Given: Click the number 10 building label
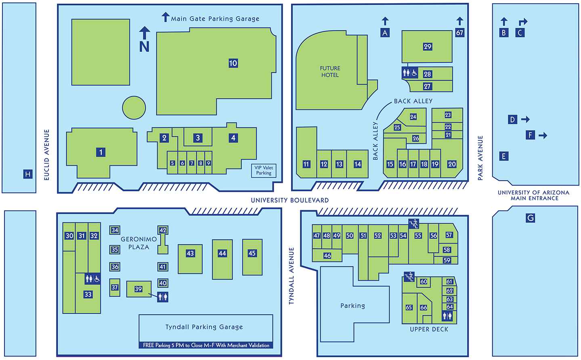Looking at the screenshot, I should (x=233, y=63).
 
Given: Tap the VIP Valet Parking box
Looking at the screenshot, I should (x=264, y=170).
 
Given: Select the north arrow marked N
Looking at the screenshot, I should (x=145, y=40).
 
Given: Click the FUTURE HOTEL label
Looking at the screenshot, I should (x=330, y=71).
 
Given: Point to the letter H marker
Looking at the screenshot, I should (x=27, y=174).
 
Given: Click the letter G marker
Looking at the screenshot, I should (x=530, y=218).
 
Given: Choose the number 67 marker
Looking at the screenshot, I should (x=459, y=32).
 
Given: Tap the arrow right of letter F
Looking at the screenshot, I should (x=543, y=135).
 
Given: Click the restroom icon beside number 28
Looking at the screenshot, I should (x=410, y=73).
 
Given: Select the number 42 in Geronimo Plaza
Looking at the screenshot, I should (x=163, y=230).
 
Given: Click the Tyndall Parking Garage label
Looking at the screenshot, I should (x=204, y=327).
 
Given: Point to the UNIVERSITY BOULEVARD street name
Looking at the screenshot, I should (x=289, y=200).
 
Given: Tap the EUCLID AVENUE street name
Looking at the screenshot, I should (x=46, y=155).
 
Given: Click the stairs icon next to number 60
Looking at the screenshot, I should (x=409, y=277).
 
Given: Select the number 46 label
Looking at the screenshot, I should (x=327, y=255).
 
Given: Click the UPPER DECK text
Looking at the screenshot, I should (x=429, y=329).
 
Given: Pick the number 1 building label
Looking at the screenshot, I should (x=101, y=152).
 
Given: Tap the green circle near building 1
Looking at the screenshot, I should (x=134, y=107).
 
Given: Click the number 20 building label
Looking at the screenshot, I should (x=452, y=164).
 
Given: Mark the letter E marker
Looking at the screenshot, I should (x=503, y=156).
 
